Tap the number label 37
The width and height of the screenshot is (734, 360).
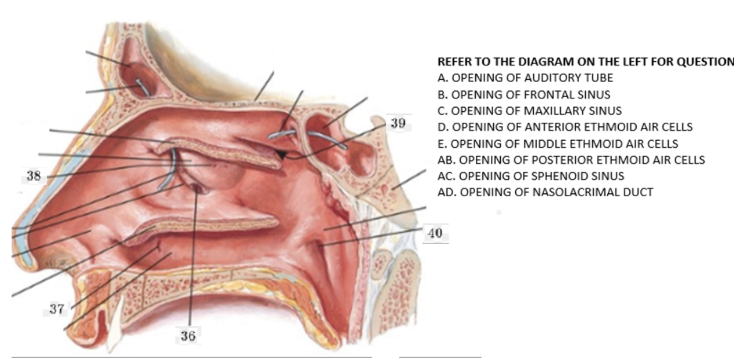[x=56, y=310]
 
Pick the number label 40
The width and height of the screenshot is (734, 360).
[x=435, y=234]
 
